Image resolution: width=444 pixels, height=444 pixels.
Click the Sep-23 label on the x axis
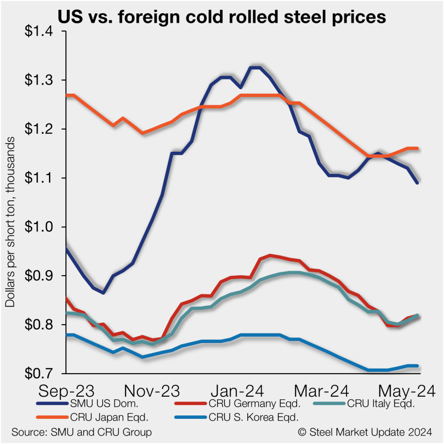click(x=68, y=391)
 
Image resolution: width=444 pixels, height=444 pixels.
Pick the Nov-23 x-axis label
click(x=152, y=391)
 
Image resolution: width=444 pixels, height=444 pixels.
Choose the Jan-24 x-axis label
click(x=236, y=391)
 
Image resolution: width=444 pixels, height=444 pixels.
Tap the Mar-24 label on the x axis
click(x=321, y=391)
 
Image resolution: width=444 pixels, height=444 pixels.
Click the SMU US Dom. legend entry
click(x=98, y=405)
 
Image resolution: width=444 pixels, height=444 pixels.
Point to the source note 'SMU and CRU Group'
click(x=82, y=432)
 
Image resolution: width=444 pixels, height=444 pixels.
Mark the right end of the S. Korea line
click(x=417, y=366)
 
